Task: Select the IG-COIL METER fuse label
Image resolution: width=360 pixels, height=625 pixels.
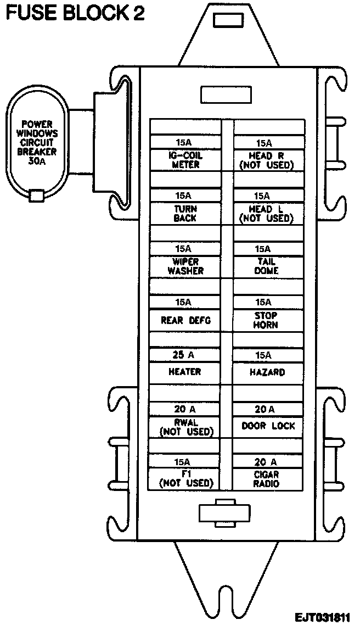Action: pos(185,160)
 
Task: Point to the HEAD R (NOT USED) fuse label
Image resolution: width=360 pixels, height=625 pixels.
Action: pos(267,160)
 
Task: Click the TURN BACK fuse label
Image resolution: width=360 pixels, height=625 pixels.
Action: pos(185,214)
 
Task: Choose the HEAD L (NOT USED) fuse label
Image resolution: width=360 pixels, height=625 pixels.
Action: pos(267,214)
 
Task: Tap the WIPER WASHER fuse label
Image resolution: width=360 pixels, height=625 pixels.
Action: pos(185,266)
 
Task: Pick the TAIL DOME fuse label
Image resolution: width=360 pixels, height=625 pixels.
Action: pos(267,266)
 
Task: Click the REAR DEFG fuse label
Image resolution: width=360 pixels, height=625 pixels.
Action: pos(185,320)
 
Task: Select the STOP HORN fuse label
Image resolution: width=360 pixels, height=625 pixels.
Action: pos(267,320)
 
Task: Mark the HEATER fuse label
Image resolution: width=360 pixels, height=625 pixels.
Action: pos(185,372)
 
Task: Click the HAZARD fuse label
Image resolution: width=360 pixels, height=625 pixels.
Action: pos(267,372)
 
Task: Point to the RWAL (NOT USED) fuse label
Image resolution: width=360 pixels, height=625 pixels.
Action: pos(185,427)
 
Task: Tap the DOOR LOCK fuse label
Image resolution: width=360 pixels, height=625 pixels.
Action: pos(268,426)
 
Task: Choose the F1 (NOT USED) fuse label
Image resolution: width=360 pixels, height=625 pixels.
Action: pos(185,479)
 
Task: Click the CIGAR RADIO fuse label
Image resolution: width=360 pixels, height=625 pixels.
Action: pos(267,479)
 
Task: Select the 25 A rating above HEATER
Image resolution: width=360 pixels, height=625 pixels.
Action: pos(185,355)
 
